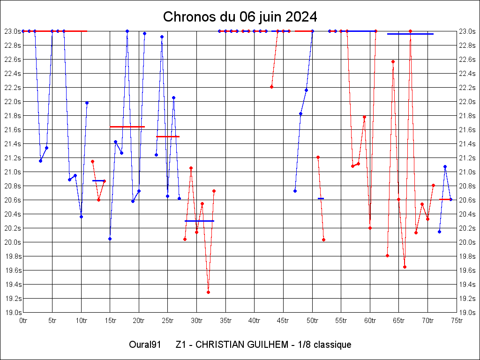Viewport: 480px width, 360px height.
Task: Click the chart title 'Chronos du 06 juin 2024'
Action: (x=240, y=17)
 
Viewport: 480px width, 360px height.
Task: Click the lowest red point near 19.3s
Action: (x=208, y=292)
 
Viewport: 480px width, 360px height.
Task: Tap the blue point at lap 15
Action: (x=110, y=239)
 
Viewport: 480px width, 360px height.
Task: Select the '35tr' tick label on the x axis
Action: (x=225, y=321)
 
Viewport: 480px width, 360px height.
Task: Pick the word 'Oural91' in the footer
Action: (x=145, y=345)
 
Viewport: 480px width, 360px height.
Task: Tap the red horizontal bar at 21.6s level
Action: (x=127, y=127)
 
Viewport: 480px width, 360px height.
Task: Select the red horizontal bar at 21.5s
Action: (x=168, y=136)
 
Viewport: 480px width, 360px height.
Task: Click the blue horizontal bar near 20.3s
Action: (x=199, y=221)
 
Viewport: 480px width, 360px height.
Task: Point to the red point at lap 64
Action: (x=393, y=61)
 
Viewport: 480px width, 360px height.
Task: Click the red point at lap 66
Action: (x=405, y=267)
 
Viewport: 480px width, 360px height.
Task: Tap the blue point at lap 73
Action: (x=445, y=166)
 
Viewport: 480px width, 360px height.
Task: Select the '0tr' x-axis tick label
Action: (x=23, y=321)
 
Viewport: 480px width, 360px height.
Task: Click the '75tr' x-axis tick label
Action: (x=457, y=321)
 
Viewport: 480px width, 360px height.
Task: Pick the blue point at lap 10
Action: (x=81, y=217)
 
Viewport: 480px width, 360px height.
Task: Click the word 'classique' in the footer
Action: (x=333, y=345)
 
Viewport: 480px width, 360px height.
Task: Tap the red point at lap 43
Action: (x=271, y=87)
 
